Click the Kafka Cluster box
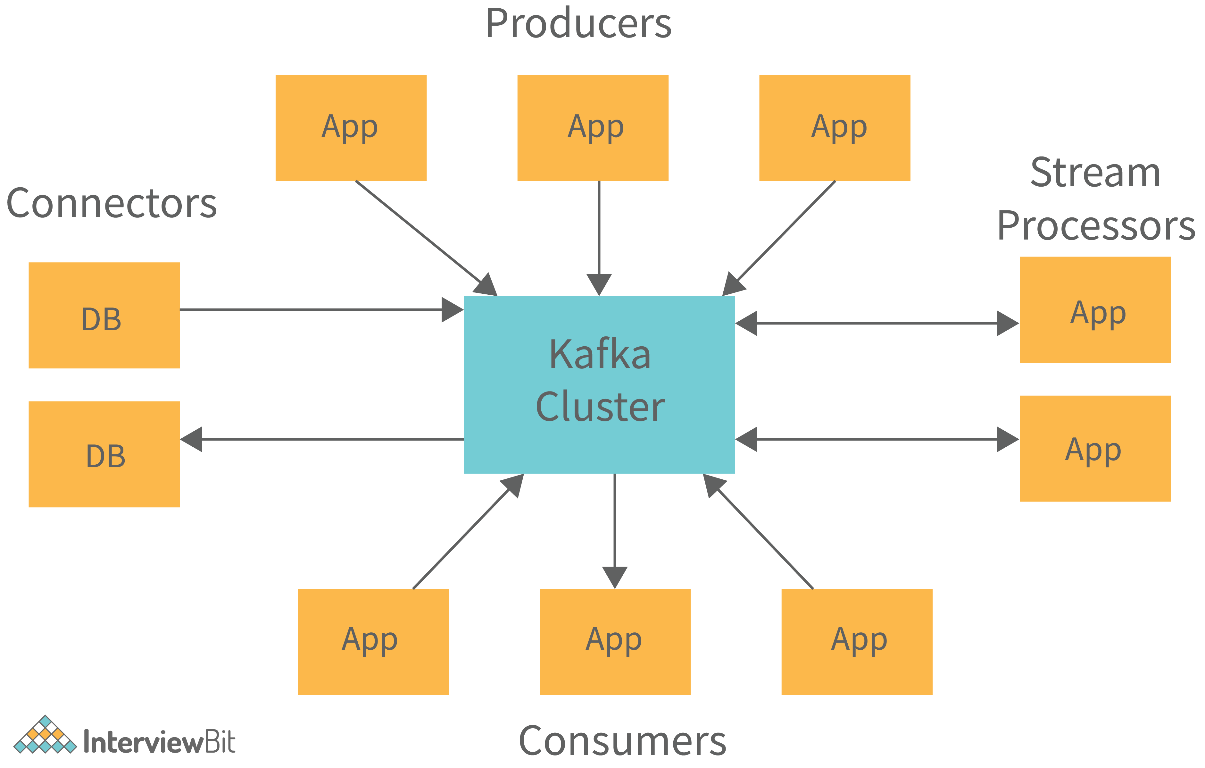599,384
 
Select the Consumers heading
622,741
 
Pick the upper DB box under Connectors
104,316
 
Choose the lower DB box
104,454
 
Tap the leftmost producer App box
351,128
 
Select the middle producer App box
593,128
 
